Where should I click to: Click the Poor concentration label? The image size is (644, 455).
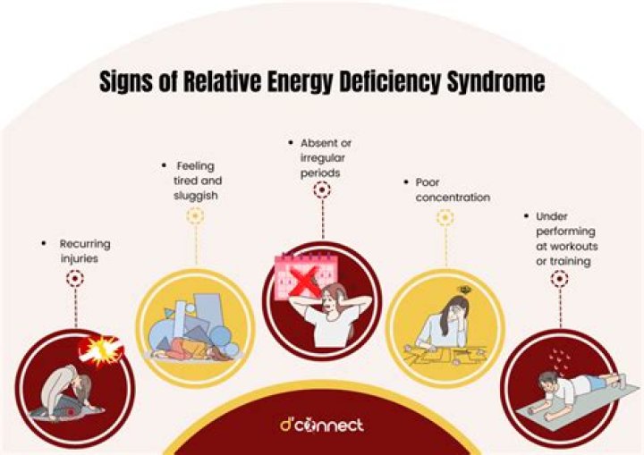coord(453,190)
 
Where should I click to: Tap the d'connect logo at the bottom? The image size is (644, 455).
coord(321,425)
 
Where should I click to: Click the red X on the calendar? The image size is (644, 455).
coord(307,281)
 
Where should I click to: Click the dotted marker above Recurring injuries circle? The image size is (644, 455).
coord(74,279)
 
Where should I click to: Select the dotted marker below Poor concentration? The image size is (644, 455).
coord(445,217)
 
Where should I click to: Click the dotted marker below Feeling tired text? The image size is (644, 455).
coord(194,216)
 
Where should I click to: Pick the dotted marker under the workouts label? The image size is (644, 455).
coord(559,279)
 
